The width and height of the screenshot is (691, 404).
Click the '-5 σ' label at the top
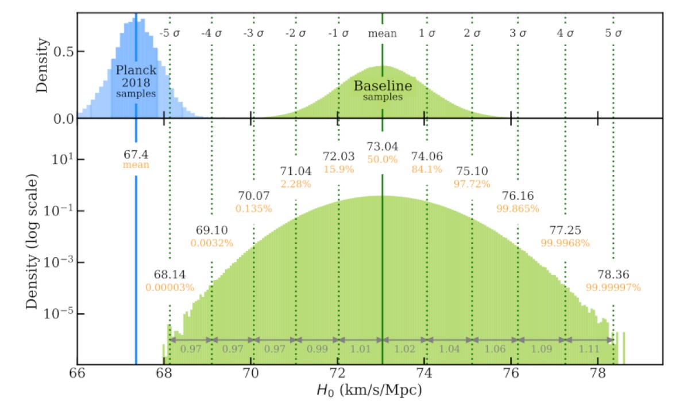[169, 33]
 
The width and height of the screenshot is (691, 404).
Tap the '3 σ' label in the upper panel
[518, 33]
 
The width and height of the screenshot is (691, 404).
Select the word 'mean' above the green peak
[383, 33]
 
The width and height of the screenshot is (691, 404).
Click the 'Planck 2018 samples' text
[136, 81]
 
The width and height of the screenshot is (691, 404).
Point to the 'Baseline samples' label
[383, 90]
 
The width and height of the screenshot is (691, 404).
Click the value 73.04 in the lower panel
[383, 147]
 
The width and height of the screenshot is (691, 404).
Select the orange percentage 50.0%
[383, 159]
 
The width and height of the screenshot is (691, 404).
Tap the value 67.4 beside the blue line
[136, 154]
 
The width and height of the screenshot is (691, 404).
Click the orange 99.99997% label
[613, 286]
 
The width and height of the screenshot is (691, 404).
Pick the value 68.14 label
[169, 275]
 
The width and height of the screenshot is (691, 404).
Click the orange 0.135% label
[253, 208]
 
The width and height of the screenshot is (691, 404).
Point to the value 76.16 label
[518, 196]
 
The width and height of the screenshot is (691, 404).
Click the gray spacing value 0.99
[316, 349]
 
